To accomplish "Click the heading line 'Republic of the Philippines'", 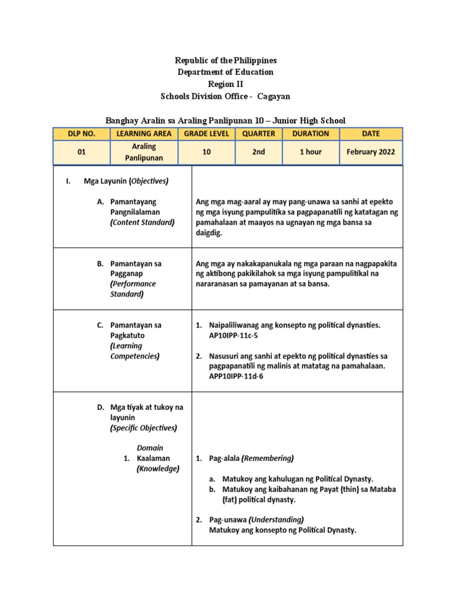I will click(x=225, y=61).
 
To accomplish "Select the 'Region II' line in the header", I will click(x=225, y=84).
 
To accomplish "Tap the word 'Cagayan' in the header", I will click(x=270, y=96).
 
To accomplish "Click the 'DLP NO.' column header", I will click(x=82, y=133).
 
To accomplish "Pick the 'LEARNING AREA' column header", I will click(x=144, y=133).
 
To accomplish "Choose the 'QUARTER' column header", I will click(x=258, y=133).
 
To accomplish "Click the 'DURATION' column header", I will click(x=311, y=133).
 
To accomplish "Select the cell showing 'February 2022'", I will click(x=371, y=152).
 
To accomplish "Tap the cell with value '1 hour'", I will click(x=311, y=152).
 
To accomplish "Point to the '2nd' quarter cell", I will click(x=258, y=152).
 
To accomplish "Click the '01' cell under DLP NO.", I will click(x=82, y=152).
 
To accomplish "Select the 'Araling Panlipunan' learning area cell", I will click(x=144, y=152).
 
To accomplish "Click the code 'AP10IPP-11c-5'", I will click(x=234, y=336).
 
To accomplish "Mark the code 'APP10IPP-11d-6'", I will click(x=236, y=376).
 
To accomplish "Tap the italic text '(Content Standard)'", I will click(x=142, y=222).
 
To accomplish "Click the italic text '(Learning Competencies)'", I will click(x=135, y=351).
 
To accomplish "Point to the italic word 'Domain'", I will click(x=150, y=448).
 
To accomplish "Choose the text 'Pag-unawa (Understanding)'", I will click(x=256, y=520).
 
